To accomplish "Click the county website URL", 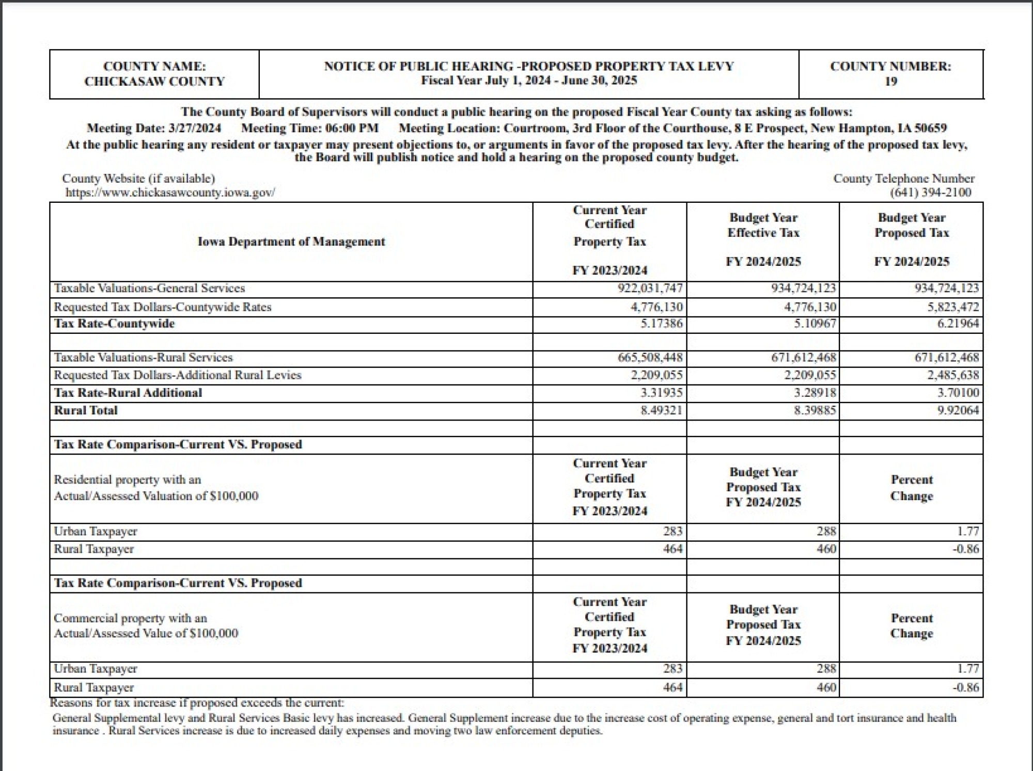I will [x=170, y=193].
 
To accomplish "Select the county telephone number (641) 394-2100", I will [x=930, y=193].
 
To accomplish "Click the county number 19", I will [x=890, y=82].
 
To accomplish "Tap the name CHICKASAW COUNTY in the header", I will [x=154, y=82].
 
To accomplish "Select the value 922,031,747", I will [x=650, y=288].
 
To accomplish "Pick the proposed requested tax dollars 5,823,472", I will [x=952, y=307].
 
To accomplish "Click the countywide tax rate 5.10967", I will [x=815, y=324].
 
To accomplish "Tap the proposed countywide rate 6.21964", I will [x=958, y=324].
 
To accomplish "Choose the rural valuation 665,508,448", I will [x=650, y=357].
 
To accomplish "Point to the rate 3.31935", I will [x=661, y=393].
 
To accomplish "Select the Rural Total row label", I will [x=86, y=410].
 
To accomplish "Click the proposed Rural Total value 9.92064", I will [x=958, y=410].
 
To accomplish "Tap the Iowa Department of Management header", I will [x=291, y=242].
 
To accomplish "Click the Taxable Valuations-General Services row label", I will [x=149, y=288].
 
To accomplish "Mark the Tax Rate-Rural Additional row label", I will [x=128, y=393].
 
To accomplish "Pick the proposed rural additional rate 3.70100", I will [x=958, y=393].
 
